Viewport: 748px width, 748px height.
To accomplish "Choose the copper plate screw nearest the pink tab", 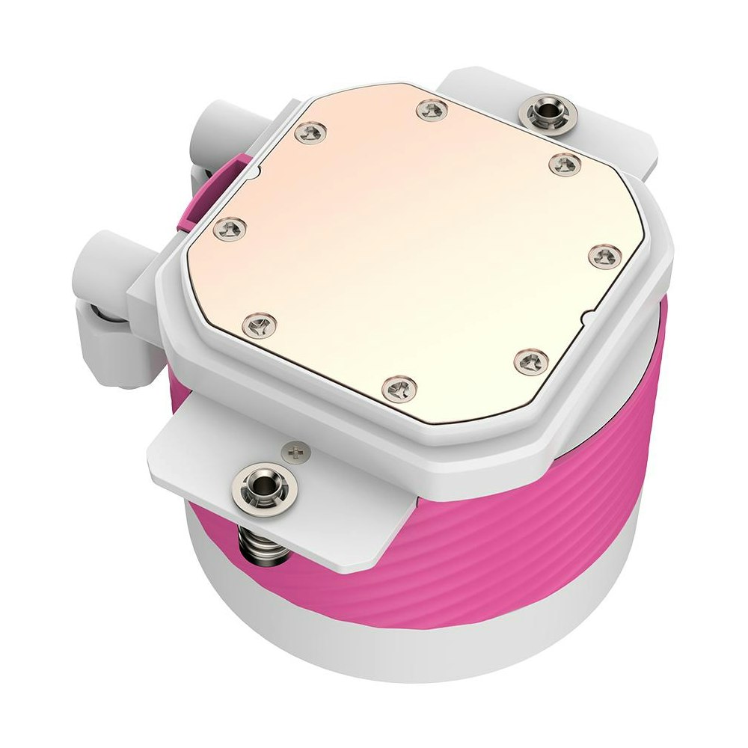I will pyautogui.click(x=307, y=134).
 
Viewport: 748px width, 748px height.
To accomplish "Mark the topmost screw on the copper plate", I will pyautogui.click(x=430, y=111).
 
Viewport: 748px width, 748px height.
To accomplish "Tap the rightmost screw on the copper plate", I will pyautogui.click(x=604, y=257).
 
